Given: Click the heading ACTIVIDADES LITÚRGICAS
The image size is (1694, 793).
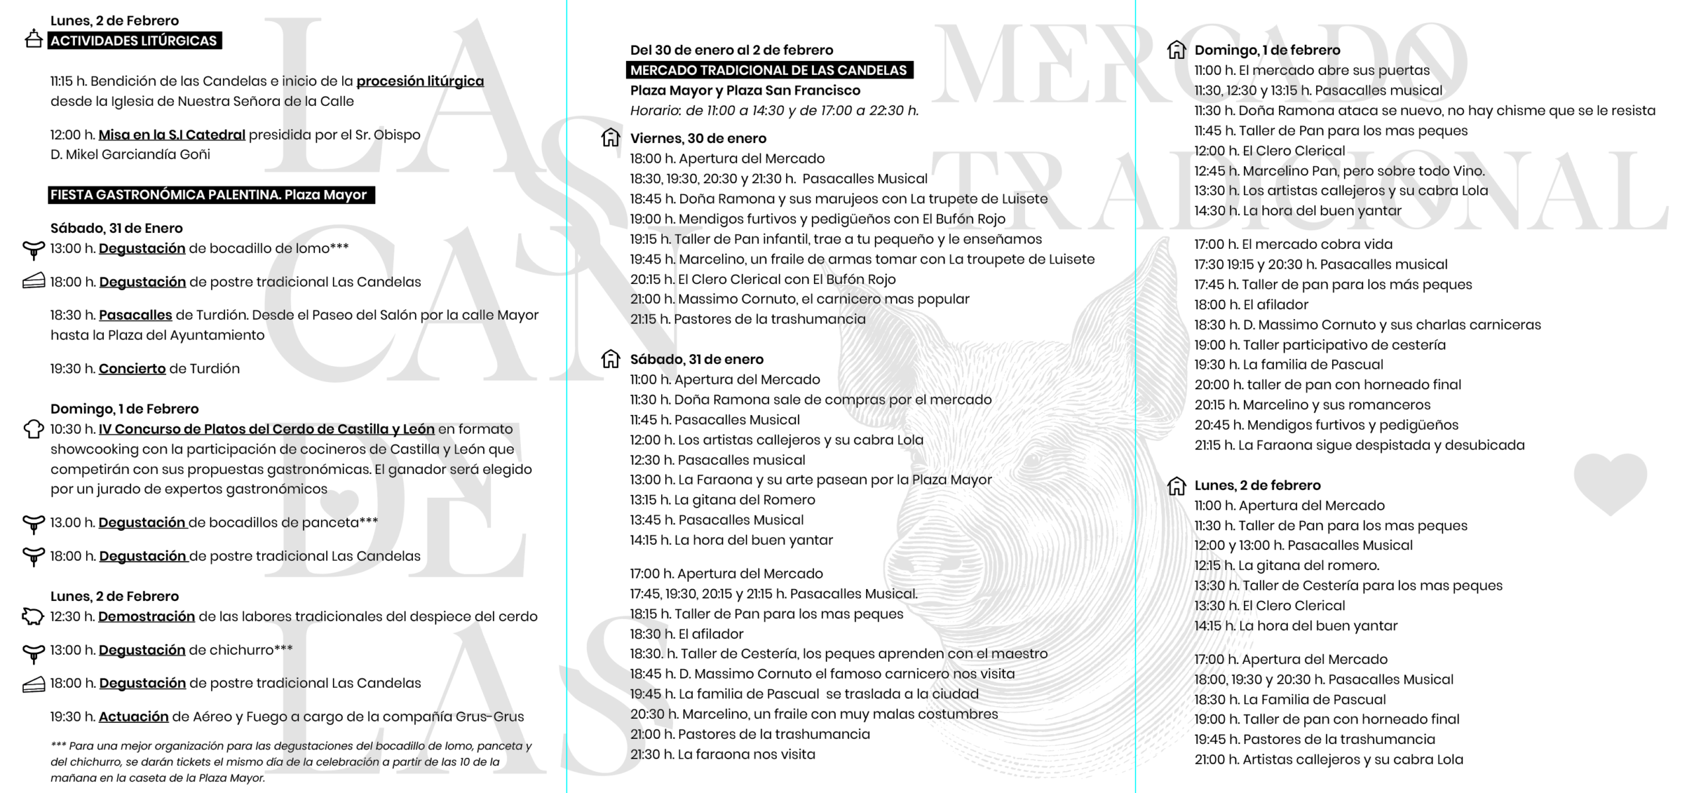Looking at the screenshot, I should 134,41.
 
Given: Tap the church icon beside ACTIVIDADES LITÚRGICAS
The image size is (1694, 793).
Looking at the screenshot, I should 33,39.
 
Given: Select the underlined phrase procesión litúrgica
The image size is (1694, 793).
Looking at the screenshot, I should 420,81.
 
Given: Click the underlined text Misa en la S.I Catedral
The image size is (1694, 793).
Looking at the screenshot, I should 171,135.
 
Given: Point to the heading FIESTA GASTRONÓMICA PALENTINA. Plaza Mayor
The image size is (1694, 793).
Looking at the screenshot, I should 209,195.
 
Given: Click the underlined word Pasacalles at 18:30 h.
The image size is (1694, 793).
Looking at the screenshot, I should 135,316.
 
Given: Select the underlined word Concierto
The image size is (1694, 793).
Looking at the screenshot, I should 132,369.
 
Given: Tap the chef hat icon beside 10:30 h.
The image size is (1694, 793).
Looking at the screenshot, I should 33,429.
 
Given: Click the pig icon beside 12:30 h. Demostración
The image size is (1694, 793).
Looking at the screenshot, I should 33,616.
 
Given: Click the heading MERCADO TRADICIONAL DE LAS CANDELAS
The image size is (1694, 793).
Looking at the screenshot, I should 768,70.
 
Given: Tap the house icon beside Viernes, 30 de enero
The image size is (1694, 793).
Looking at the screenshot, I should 610,138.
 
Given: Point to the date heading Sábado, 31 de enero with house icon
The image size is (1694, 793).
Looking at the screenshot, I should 696,359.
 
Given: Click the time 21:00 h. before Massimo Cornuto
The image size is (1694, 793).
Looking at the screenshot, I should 651,299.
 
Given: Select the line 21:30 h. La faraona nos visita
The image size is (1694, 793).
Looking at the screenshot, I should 722,755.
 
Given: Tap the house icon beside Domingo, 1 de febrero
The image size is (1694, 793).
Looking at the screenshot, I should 1176,50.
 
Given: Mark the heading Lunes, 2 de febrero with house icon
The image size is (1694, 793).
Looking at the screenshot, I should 1257,485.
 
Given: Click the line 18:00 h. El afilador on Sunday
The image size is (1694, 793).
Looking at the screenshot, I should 1251,305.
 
